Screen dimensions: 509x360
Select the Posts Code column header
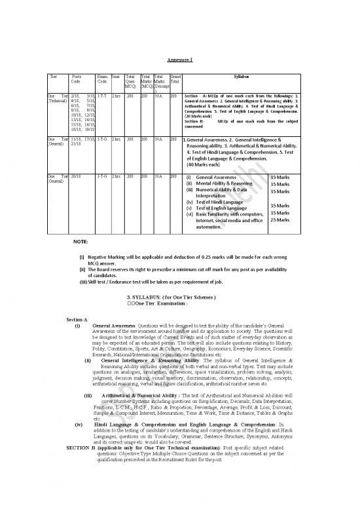coord(76,79)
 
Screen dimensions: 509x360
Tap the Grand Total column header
coord(175,79)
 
